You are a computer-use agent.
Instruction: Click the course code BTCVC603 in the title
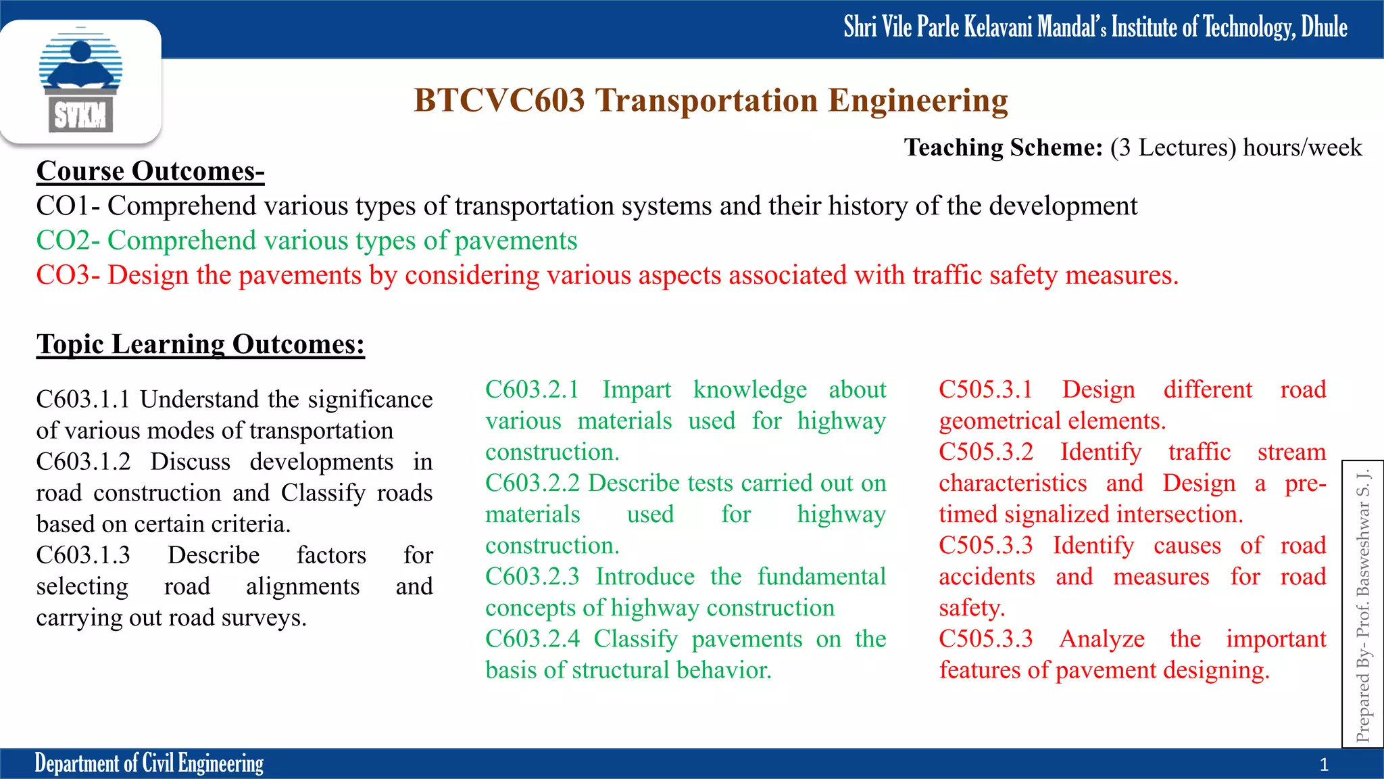499,101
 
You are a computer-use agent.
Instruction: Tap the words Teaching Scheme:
1003,147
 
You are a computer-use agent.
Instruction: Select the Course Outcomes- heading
150,171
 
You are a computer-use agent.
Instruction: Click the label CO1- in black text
68,206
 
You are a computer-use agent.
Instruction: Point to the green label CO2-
68,241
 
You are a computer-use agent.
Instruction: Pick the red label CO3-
68,275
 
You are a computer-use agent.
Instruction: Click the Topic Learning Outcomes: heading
201,344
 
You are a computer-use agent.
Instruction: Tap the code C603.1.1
82,399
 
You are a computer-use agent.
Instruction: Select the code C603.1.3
82,555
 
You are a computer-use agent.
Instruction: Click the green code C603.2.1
532,389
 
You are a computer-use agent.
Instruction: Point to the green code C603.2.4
532,639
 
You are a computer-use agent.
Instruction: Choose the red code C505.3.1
985,389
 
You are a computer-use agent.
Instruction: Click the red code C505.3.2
985,452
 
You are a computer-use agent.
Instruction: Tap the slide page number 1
1324,765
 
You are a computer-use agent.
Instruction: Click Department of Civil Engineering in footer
149,763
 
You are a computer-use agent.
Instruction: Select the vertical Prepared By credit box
1362,604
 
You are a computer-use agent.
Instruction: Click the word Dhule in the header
1324,27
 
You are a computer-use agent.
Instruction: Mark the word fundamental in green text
821,577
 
